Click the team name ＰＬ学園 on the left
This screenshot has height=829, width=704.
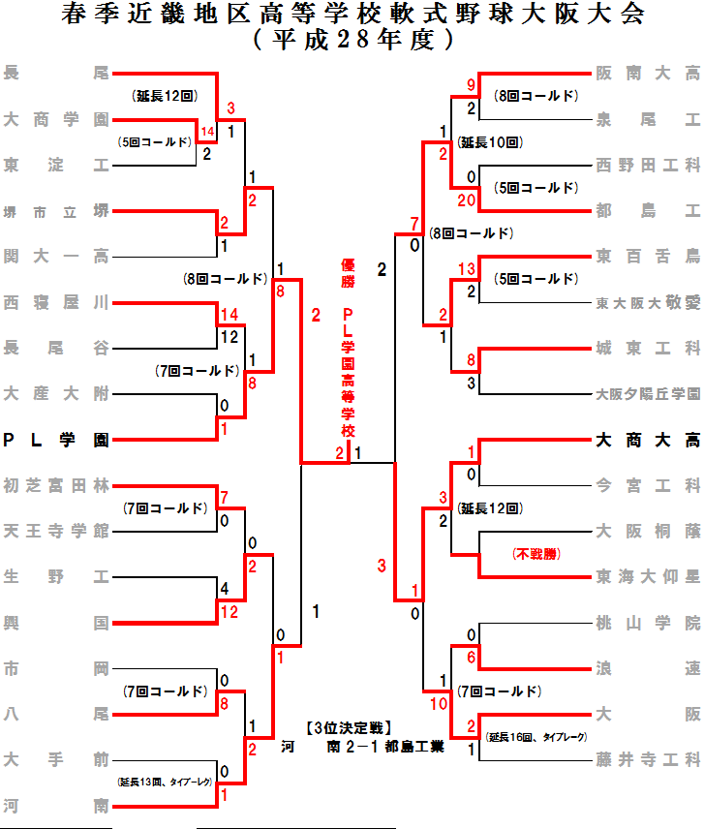[x=55, y=440]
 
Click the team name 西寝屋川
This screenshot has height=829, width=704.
[x=55, y=302]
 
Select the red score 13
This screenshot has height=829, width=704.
[x=467, y=268]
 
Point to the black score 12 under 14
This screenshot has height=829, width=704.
[x=229, y=336]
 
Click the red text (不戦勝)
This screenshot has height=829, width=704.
[x=536, y=554]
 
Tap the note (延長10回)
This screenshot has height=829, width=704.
[x=491, y=142]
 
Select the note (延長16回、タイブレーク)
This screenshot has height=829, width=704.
[x=536, y=737]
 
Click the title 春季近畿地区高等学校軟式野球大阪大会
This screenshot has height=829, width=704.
[x=352, y=15]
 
